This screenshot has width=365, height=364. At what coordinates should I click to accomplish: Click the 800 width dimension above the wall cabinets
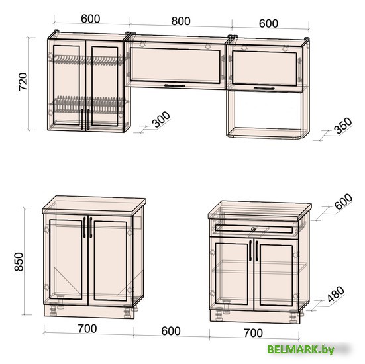[181, 21]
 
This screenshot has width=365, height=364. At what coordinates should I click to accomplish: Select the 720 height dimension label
[23, 81]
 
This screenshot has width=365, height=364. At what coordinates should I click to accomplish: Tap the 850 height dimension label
[19, 262]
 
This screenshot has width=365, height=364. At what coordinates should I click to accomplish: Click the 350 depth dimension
[343, 126]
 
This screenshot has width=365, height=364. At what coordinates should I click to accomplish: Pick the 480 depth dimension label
[336, 294]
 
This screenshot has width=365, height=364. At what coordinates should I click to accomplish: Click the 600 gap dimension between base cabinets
[171, 331]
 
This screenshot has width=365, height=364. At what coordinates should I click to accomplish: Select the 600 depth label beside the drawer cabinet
[343, 201]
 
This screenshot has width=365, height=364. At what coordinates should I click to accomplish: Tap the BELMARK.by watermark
[301, 349]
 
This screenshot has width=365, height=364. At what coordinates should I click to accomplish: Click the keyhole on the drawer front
[254, 229]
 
